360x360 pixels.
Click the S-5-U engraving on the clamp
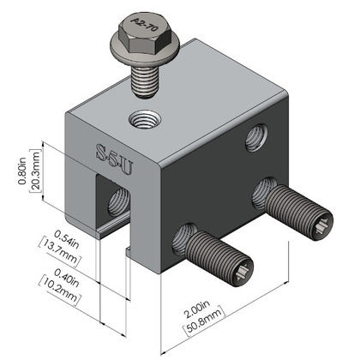pyautogui.click(x=111, y=153)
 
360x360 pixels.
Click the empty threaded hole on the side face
pyautogui.click(x=255, y=137)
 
